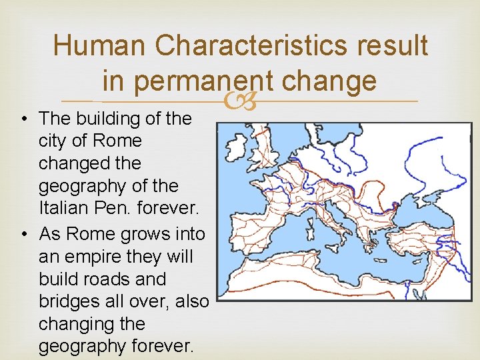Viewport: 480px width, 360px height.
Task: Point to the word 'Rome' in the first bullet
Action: tap(118, 141)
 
